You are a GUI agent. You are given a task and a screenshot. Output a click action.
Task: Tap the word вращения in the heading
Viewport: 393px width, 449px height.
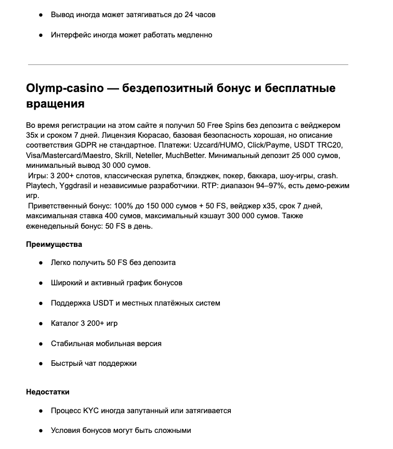pyautogui.click(x=55, y=103)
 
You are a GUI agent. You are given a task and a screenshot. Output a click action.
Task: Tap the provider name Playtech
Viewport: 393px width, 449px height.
pyautogui.click(x=41, y=186)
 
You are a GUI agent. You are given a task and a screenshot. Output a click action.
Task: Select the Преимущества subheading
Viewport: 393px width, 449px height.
pyautogui.click(x=54, y=244)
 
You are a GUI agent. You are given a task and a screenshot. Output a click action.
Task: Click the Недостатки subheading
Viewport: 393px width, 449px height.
pyautogui.click(x=48, y=392)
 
